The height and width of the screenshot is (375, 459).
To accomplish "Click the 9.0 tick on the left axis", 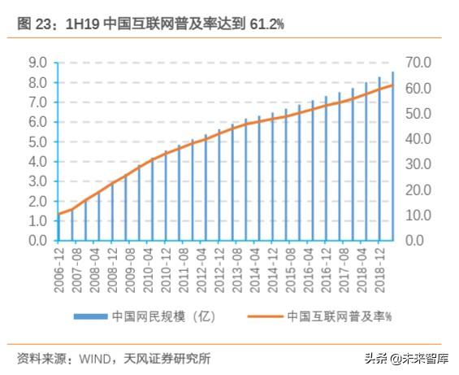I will pyautogui.click(x=38, y=63).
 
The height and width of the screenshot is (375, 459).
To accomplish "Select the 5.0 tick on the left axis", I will pyautogui.click(x=38, y=142).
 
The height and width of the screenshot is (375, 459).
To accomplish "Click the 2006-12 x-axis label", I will pyautogui.click(x=58, y=269).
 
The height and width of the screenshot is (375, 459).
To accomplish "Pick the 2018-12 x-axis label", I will pyautogui.click(x=379, y=269).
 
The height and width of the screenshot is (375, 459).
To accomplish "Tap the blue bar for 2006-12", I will pyautogui.click(x=58, y=228).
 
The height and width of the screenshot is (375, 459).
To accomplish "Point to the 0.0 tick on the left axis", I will pyautogui.click(x=38, y=241).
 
